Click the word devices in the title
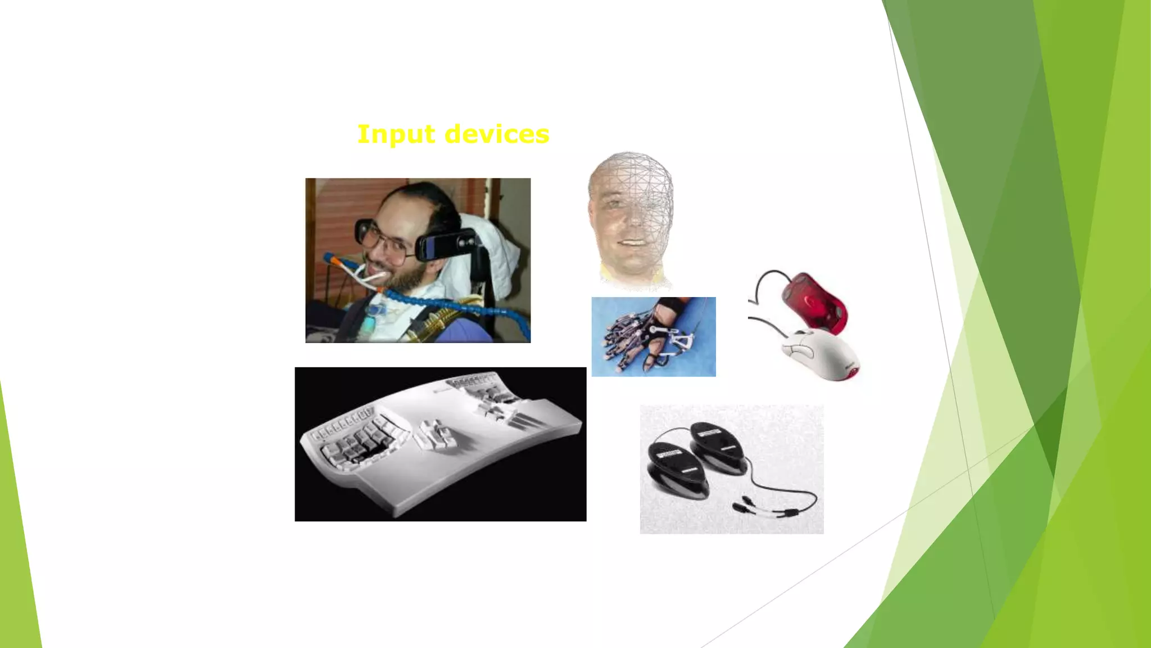click(497, 134)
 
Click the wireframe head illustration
click(631, 219)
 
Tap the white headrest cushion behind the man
click(495, 253)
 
